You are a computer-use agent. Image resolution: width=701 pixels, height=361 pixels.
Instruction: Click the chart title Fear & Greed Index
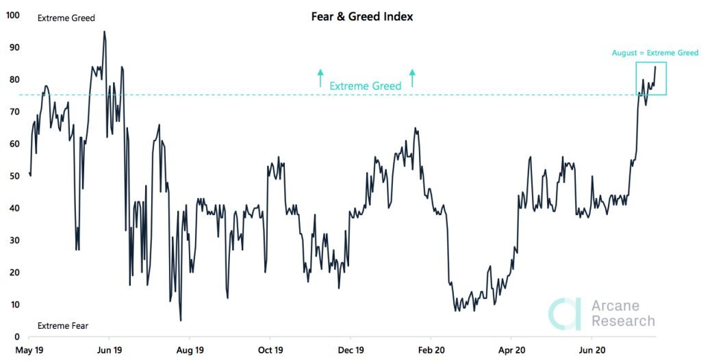pos(362,16)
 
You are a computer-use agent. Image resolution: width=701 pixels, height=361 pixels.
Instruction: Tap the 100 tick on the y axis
pos(12,14)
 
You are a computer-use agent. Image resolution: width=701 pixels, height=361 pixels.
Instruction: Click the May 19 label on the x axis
pos(29,349)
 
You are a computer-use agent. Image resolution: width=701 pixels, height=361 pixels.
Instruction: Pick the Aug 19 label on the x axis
pos(190,349)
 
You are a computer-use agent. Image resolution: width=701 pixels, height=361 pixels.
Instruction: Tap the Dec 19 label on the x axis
pos(350,349)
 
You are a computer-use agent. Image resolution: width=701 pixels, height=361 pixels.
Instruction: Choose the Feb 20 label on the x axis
pos(431,349)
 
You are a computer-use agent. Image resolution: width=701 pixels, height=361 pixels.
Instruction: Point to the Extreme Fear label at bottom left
pos(62,326)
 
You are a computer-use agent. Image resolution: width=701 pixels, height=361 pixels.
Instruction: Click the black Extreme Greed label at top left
pos(66,18)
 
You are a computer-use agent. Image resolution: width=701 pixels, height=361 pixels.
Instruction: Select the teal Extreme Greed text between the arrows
pos(366,86)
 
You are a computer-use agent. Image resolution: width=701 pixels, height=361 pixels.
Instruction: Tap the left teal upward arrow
pos(320,77)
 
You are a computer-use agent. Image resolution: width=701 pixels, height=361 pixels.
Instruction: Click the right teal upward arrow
pos(412,77)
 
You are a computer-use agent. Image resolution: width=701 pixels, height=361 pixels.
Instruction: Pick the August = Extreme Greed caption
pos(655,53)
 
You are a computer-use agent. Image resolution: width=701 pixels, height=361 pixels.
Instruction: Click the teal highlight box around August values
pos(651,78)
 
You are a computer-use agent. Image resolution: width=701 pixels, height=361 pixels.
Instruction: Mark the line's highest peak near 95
pos(104,32)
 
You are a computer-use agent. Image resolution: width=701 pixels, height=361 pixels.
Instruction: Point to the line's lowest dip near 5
pos(181,320)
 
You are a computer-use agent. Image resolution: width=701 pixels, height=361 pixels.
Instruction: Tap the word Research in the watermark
pos(623,321)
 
